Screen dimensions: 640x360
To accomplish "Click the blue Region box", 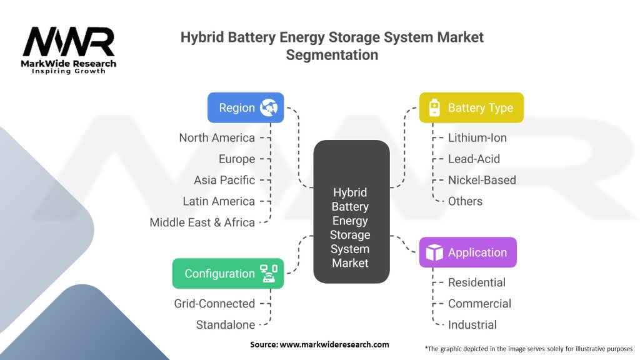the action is click(246, 107).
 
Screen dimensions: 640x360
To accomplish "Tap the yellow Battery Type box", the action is click(471, 107).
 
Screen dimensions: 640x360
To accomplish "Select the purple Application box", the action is click(467, 252).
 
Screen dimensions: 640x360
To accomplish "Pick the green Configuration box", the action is click(227, 274).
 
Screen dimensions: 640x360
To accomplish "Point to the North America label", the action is click(217, 137).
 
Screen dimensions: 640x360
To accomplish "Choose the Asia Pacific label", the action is click(224, 180).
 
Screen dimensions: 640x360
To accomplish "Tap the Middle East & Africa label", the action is click(202, 222).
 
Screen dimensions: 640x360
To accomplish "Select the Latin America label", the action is click(219, 201).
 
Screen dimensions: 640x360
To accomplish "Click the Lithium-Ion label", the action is click(477, 137).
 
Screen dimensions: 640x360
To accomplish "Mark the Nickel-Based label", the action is click(482, 180).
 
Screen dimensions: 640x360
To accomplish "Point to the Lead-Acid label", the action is click(474, 159).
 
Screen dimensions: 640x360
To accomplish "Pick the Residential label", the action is click(477, 282).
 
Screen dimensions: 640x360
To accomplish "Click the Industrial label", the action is click(472, 325).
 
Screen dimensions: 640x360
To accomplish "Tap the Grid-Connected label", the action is click(214, 304).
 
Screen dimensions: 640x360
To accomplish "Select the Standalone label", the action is click(226, 325).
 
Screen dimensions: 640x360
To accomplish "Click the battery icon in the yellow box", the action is click(434, 108).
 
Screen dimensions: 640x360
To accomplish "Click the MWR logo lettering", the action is click(69, 42).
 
